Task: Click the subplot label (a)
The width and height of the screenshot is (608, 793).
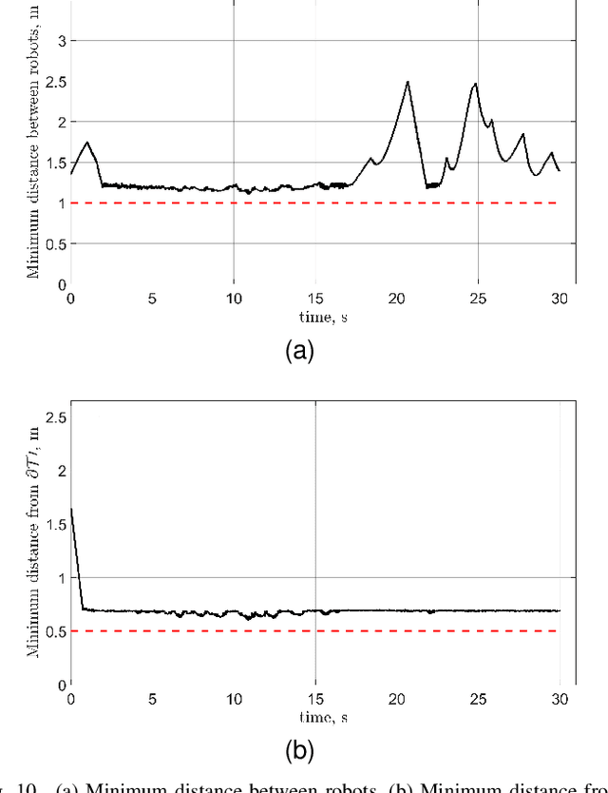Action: [300, 352]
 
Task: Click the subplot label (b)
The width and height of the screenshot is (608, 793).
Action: [300, 752]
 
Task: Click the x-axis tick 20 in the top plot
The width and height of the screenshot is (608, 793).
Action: [396, 299]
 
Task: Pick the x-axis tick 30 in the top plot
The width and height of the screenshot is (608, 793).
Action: [559, 299]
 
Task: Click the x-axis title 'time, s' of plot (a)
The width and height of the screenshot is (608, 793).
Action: [313, 317]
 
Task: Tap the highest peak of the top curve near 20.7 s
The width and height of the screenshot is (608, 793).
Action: [408, 82]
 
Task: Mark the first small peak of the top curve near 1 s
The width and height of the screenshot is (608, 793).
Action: [87, 143]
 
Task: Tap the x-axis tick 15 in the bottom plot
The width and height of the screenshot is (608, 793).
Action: [314, 699]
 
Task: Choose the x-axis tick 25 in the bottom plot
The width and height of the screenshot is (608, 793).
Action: [478, 699]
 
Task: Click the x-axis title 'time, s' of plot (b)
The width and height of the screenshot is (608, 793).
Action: [313, 717]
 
